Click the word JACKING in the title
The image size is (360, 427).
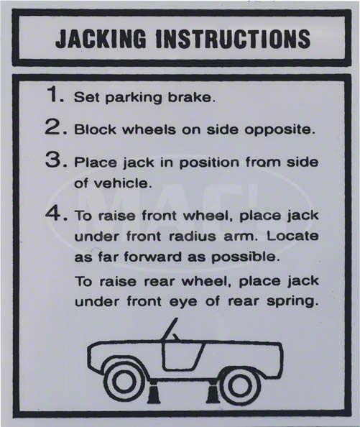pyautogui.click(x=101, y=38)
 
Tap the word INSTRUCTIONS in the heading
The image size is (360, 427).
pyautogui.click(x=234, y=38)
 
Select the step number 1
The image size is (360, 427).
pyautogui.click(x=55, y=95)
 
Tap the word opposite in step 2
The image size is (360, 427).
pyautogui.click(x=280, y=130)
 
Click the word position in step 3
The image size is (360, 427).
pyautogui.click(x=209, y=163)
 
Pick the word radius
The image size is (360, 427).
pyautogui.click(x=193, y=236)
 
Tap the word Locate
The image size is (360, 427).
pyautogui.click(x=292, y=236)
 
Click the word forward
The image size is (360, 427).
pyautogui.click(x=153, y=257)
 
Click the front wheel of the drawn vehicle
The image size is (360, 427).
pyautogui.click(x=124, y=382)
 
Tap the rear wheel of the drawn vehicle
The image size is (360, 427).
pyautogui.click(x=240, y=385)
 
